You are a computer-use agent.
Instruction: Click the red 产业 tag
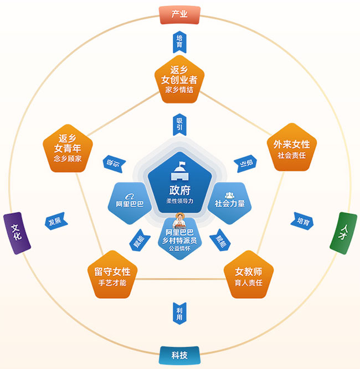coord(179,15)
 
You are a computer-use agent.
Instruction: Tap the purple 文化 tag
coord(17,233)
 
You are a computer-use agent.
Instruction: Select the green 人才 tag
coord(343,233)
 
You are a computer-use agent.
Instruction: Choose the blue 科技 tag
coord(179,355)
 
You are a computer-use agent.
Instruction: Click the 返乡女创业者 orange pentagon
coord(179,80)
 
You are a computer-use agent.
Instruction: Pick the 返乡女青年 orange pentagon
coord(68,149)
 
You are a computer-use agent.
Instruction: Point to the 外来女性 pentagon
coord(292,148)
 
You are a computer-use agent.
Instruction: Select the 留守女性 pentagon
coord(112,275)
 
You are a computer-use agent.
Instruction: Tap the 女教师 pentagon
coord(249,275)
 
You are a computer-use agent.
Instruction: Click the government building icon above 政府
coord(179,171)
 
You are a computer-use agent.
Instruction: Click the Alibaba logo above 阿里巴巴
coord(130,196)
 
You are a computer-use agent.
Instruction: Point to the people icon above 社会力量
coord(229,195)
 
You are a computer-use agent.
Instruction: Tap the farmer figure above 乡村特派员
coord(179,221)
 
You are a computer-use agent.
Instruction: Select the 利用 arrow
coord(179,314)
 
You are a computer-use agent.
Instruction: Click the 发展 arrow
coord(56,221)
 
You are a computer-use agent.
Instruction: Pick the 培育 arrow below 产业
coord(179,42)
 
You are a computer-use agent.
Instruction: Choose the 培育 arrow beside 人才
coord(302,221)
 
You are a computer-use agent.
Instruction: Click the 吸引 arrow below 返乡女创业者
coord(179,124)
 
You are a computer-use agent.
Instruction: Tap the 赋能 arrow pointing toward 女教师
coord(220,240)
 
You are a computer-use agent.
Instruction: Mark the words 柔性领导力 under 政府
coord(179,201)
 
